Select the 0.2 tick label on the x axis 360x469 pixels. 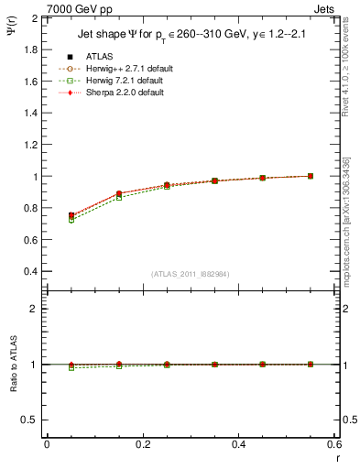[143, 444]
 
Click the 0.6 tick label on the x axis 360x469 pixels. [333, 444]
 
